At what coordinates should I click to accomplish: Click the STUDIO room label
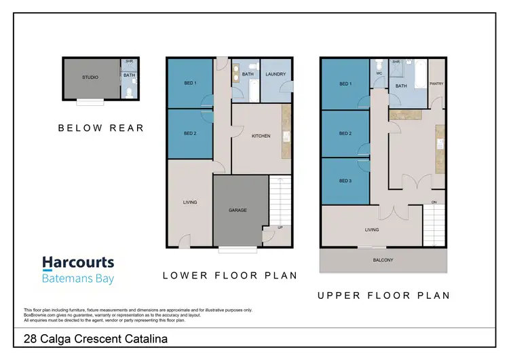tap(90, 77)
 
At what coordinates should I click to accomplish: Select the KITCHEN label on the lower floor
tap(261, 136)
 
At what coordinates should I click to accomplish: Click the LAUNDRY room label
tap(276, 74)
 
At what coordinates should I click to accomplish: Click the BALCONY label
tap(383, 260)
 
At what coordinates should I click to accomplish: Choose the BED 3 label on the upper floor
tap(345, 181)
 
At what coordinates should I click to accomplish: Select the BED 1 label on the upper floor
tap(345, 84)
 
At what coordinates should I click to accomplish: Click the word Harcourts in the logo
tap(78, 264)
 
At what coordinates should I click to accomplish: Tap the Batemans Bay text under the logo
tap(78, 278)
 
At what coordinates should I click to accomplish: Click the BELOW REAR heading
tap(100, 128)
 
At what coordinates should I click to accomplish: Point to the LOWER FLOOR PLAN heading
tap(230, 275)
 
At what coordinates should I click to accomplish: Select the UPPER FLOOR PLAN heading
tap(383, 295)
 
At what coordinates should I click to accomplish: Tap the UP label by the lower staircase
tap(280, 227)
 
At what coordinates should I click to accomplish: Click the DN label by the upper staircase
tap(434, 202)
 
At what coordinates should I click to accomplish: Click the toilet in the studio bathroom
tap(128, 92)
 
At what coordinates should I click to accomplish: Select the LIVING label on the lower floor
tap(189, 202)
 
